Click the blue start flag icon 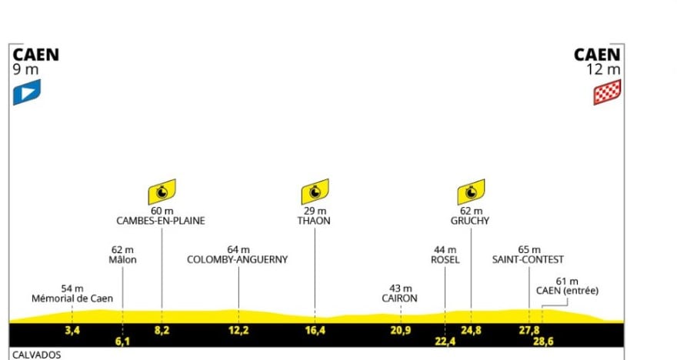[x=26, y=92]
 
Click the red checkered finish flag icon [x=607, y=92]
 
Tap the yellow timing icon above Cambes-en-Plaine [x=162, y=192]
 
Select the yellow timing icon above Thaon [x=315, y=192]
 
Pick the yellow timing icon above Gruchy [x=471, y=192]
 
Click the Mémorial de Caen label [x=72, y=298]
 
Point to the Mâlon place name [x=123, y=260]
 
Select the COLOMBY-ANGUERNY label [x=238, y=260]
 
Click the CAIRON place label [x=400, y=298]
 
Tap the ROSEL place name [x=445, y=260]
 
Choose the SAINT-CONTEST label [x=529, y=260]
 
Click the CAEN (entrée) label [x=567, y=291]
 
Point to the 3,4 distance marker [x=72, y=331]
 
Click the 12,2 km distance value [x=238, y=331]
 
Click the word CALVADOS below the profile [x=36, y=355]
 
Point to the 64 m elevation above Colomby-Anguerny [x=238, y=249]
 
